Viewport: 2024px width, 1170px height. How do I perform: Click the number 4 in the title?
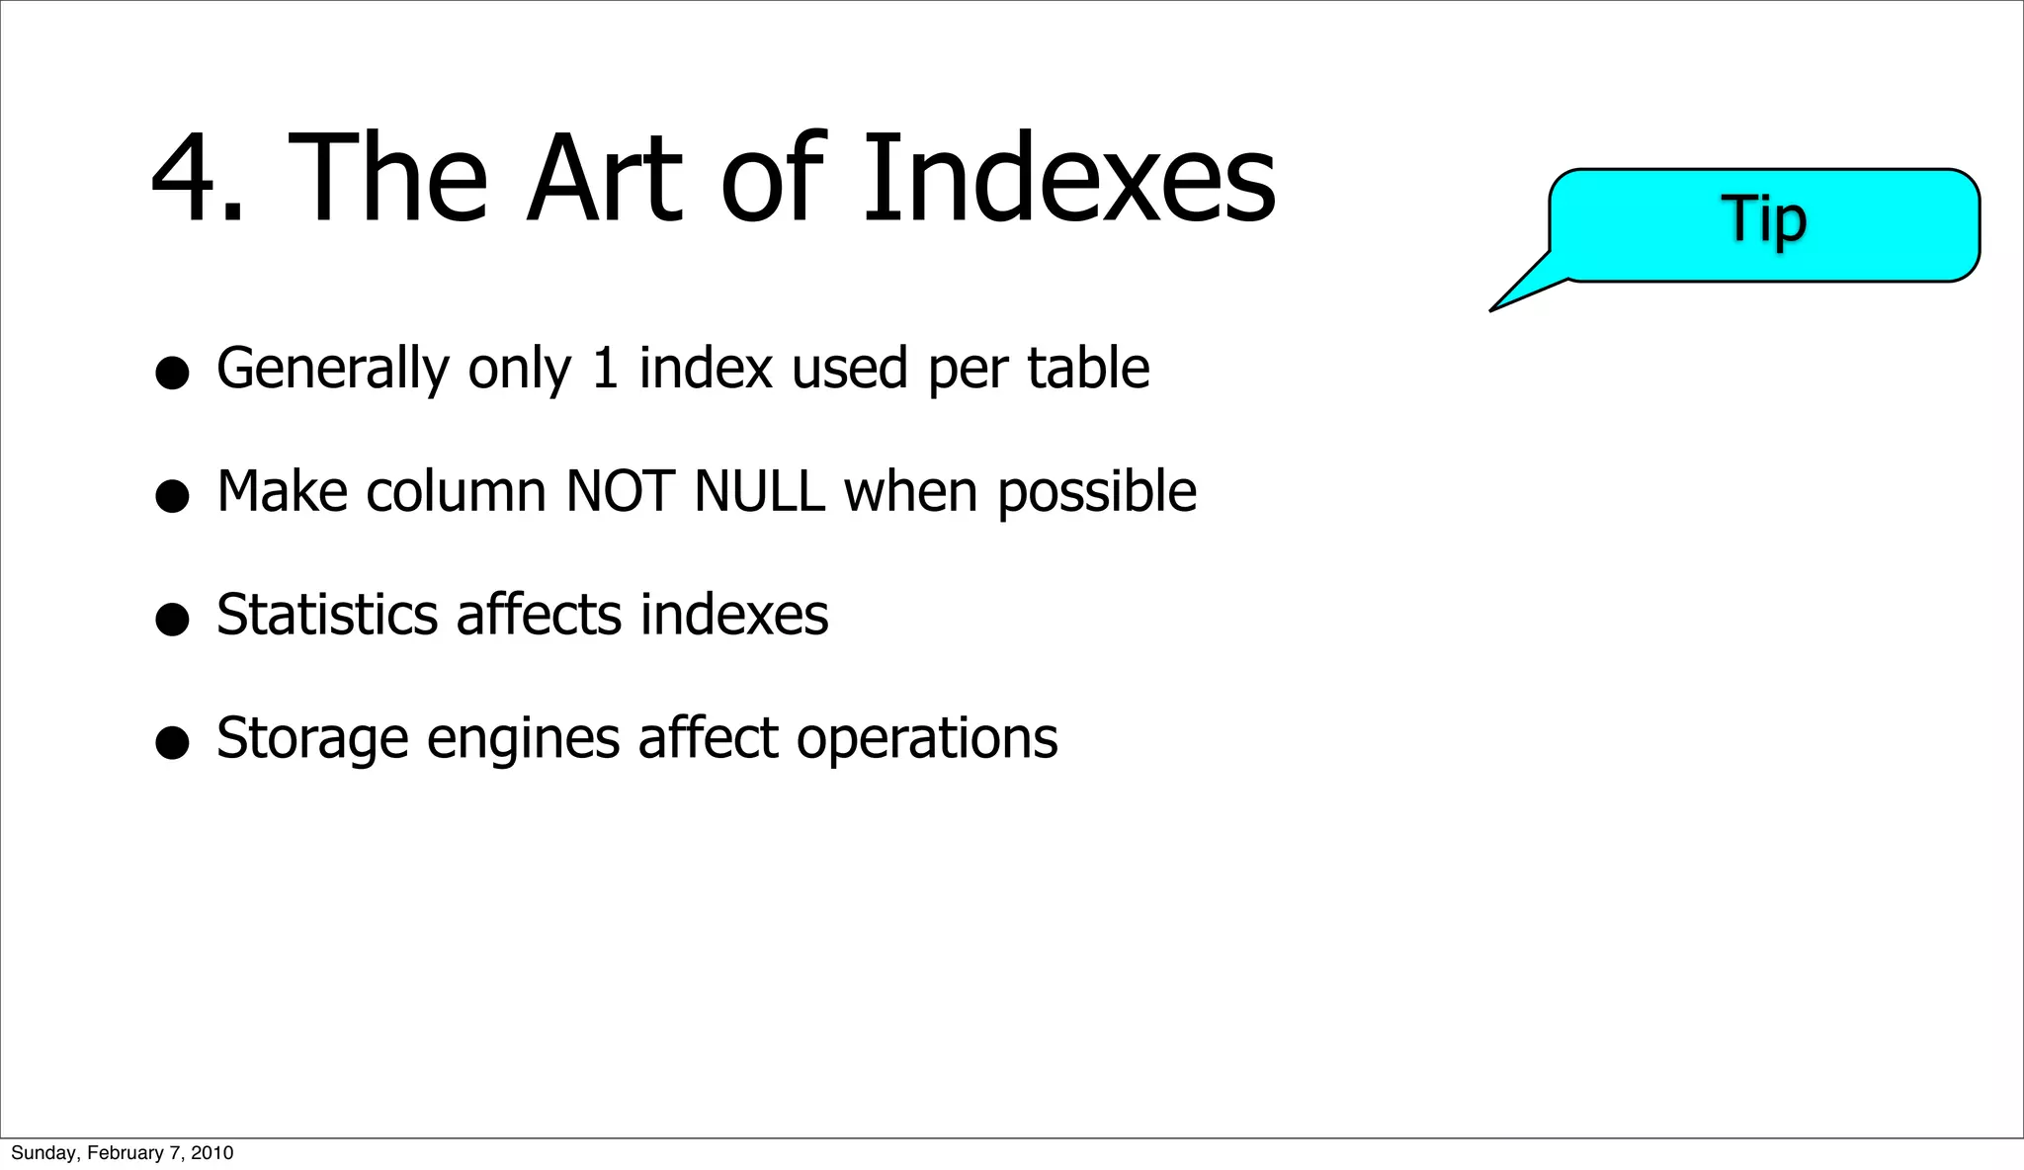pyautogui.click(x=187, y=180)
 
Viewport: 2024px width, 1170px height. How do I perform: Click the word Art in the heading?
pyautogui.click(x=604, y=180)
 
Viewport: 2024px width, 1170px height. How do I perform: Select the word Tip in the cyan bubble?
pyautogui.click(x=1764, y=218)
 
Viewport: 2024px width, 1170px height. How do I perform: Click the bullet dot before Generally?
pyautogui.click(x=172, y=374)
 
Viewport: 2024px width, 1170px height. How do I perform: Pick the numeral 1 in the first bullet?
pyautogui.click(x=605, y=369)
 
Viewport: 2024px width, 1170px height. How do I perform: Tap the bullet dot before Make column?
pyautogui.click(x=172, y=496)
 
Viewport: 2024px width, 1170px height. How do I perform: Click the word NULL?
pyautogui.click(x=759, y=492)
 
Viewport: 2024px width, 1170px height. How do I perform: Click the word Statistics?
pyautogui.click(x=327, y=615)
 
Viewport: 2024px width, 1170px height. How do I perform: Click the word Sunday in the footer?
pyautogui.click(x=42, y=1153)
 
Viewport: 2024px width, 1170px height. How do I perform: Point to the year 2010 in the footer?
pyautogui.click(x=212, y=1153)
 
